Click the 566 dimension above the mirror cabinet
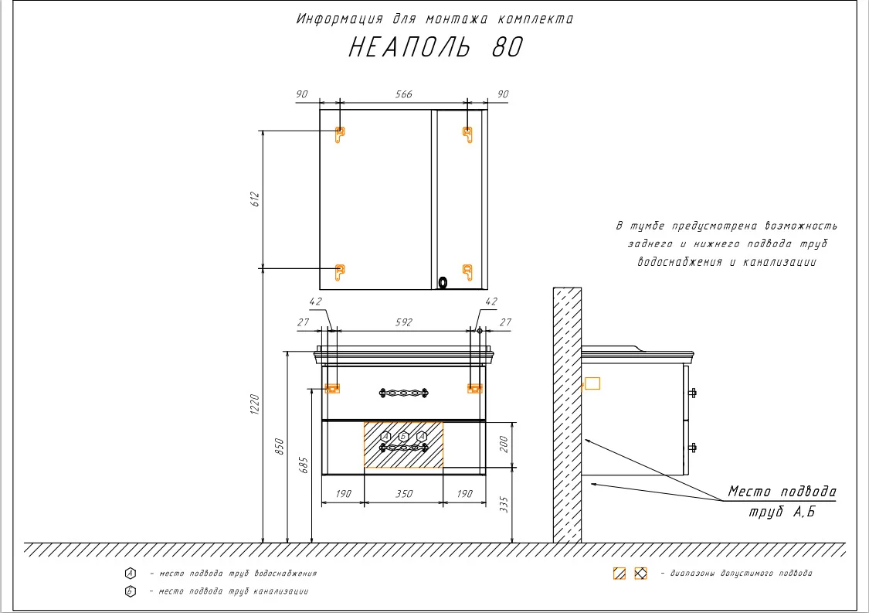(403, 94)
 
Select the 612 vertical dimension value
(255, 199)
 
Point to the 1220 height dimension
(255, 404)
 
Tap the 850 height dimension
(280, 446)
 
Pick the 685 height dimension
(304, 465)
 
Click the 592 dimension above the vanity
(403, 322)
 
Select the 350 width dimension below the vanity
(404, 494)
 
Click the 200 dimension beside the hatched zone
(504, 444)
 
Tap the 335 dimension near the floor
(504, 504)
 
